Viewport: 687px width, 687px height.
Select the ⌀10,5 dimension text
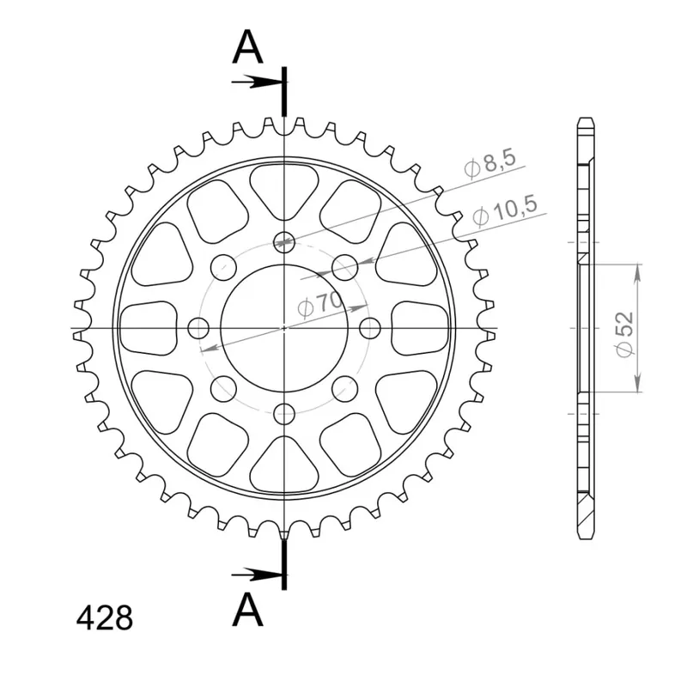coord(505,210)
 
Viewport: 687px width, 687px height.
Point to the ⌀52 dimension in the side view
coord(624,334)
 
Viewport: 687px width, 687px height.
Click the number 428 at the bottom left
coord(104,618)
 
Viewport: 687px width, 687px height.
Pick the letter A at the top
coord(247,47)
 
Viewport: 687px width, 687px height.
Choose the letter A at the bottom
coord(247,610)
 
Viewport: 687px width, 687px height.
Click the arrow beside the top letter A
coord(257,82)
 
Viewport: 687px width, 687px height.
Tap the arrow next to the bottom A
coord(257,574)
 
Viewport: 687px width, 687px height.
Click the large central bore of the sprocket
coord(284,328)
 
